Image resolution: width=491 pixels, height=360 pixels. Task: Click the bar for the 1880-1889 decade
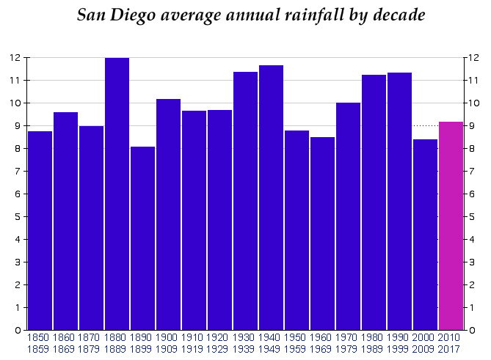(x=117, y=194)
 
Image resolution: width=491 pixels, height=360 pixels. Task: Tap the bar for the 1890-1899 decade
(x=142, y=238)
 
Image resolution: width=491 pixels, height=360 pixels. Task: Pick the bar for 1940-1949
(x=271, y=198)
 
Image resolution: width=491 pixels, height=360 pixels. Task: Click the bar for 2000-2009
(x=425, y=235)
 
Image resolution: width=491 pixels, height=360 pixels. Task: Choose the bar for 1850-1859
(x=40, y=231)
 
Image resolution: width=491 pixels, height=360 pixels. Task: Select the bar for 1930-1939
(x=245, y=201)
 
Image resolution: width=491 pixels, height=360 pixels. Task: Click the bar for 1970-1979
(x=348, y=216)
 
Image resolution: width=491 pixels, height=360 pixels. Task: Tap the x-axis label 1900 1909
(x=168, y=343)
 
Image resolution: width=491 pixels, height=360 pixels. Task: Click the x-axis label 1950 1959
(x=297, y=343)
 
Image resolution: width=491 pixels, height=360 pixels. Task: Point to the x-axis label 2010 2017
(x=451, y=343)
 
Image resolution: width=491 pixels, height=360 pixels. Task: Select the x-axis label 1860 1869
(x=65, y=343)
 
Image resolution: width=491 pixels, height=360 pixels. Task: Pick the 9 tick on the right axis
(x=473, y=126)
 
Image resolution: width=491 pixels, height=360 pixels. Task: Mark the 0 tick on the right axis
(x=473, y=331)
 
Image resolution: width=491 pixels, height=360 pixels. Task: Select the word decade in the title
(x=398, y=15)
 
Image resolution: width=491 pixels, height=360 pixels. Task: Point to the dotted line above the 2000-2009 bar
(x=425, y=125)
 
